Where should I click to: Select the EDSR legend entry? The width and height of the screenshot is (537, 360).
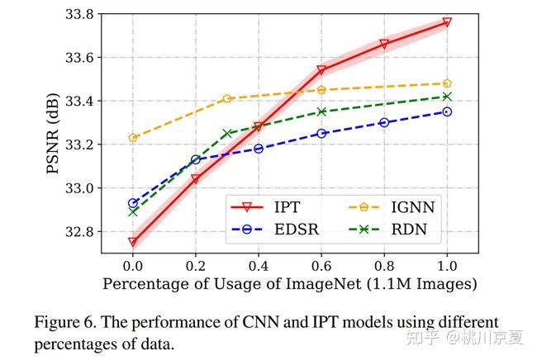(x=275, y=229)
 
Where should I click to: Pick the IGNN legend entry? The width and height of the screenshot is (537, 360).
(x=392, y=207)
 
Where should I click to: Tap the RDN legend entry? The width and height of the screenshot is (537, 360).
(x=387, y=229)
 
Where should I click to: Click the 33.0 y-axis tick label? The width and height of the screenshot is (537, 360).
(x=79, y=188)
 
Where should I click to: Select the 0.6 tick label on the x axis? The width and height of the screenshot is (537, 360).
(x=321, y=266)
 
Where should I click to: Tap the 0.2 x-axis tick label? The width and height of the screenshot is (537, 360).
(x=196, y=266)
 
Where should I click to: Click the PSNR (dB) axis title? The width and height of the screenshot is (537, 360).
(x=53, y=134)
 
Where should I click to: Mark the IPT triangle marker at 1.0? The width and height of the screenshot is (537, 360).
(x=447, y=22)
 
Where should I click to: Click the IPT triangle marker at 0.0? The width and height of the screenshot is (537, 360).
(x=133, y=242)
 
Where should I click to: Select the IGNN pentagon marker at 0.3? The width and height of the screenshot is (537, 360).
(x=227, y=98)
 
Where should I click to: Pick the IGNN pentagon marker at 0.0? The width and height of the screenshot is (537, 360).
(x=133, y=138)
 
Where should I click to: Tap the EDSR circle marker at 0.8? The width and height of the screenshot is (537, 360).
(x=384, y=122)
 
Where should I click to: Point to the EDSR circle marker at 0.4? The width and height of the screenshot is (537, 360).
(x=259, y=149)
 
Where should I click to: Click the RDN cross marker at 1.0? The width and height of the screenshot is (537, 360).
(x=447, y=97)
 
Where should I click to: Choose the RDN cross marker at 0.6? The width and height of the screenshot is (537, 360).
(x=321, y=111)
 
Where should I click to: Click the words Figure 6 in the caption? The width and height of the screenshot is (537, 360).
(x=65, y=323)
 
